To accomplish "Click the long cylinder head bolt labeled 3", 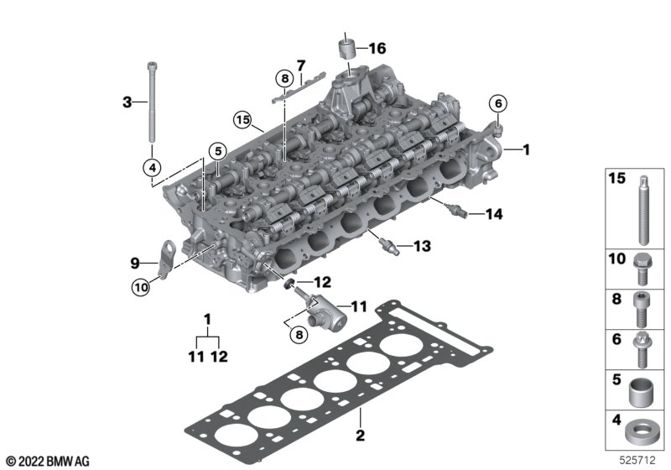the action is [x=152, y=102].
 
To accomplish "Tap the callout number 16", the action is [x=377, y=49].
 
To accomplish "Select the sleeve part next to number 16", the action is [x=347, y=49].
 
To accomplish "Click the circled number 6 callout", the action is [x=498, y=103].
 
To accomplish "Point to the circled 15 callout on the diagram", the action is [x=242, y=120].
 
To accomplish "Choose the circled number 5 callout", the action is [x=218, y=151].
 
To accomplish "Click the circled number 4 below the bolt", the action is [x=153, y=168].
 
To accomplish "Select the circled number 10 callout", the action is [x=141, y=287].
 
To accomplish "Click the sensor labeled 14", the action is [x=455, y=210].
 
